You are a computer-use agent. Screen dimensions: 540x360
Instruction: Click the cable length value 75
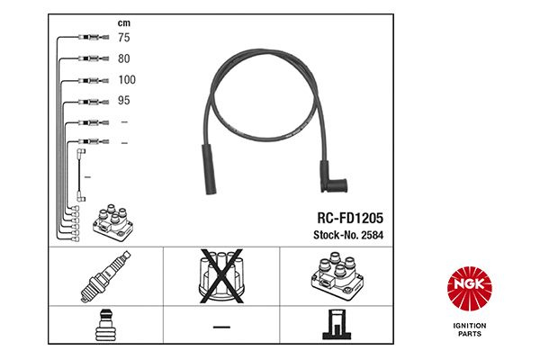pyautogui.click(x=124, y=38)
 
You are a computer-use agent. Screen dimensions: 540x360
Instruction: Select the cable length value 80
pyautogui.click(x=124, y=58)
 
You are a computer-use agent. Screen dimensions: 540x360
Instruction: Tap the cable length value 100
pyautogui.click(x=127, y=80)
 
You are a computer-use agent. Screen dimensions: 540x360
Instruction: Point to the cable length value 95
pyautogui.click(x=124, y=100)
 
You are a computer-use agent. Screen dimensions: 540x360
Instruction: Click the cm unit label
pyautogui.click(x=124, y=23)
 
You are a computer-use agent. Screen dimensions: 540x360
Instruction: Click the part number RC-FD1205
pyautogui.click(x=350, y=218)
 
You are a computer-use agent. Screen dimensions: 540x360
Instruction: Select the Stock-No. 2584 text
pyautogui.click(x=348, y=235)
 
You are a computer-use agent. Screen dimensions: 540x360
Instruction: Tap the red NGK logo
pyautogui.click(x=470, y=289)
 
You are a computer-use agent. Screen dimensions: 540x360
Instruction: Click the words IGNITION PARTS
pyautogui.click(x=470, y=329)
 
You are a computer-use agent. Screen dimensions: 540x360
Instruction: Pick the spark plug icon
pyautogui.click(x=105, y=276)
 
